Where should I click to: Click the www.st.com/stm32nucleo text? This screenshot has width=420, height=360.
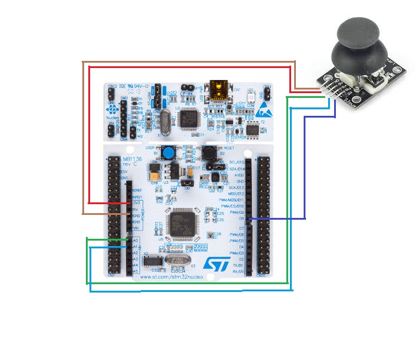coord(172,277)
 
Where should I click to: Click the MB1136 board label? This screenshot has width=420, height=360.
coord(132,159)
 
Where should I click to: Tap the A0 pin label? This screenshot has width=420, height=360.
coord(135,241)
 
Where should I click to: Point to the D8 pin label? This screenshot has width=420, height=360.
coord(241,219)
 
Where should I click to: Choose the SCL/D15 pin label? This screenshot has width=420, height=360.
coord(236,162)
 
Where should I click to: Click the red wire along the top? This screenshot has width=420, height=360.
coord(191,67)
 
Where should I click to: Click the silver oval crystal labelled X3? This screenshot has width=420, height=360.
coord(177,260)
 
